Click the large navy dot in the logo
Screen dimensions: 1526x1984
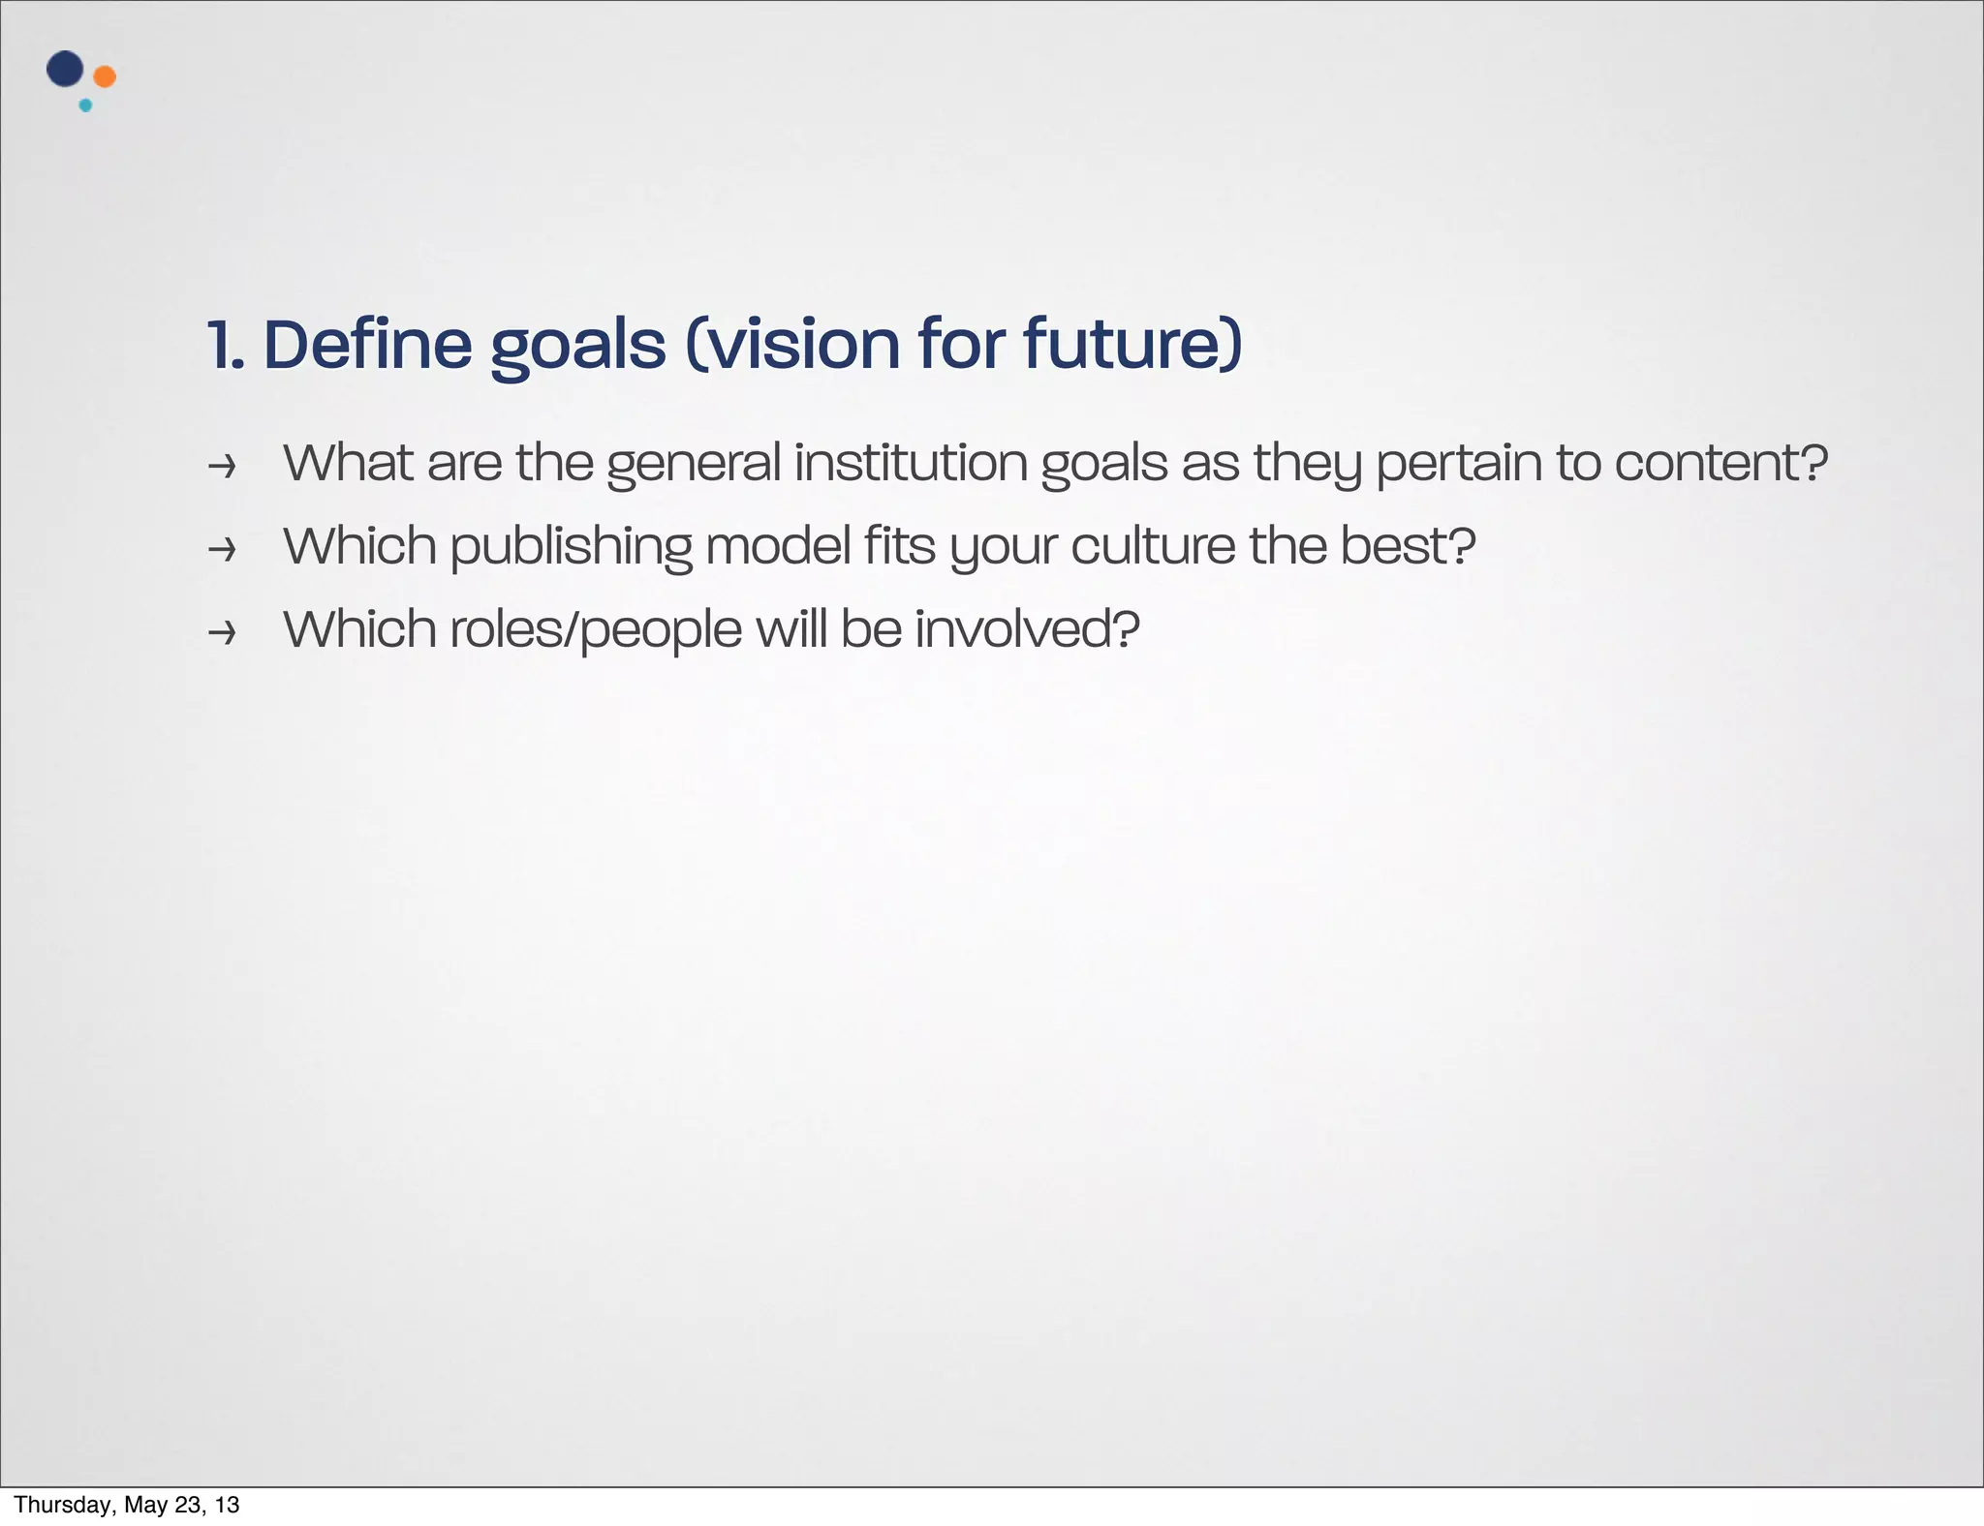point(64,69)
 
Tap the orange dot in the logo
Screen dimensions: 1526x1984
point(105,76)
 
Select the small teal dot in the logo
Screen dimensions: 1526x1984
point(85,106)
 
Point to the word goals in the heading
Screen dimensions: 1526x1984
point(578,347)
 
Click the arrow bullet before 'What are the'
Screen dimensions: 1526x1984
point(223,468)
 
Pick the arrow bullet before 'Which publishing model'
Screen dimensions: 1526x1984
point(223,550)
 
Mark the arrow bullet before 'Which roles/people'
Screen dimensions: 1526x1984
point(223,633)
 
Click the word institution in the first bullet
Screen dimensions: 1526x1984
point(910,462)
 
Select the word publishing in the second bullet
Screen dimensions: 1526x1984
point(571,547)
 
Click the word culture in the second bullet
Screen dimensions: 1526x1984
point(1152,545)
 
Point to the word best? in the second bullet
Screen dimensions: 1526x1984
point(1408,545)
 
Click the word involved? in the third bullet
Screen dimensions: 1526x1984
point(1027,628)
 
